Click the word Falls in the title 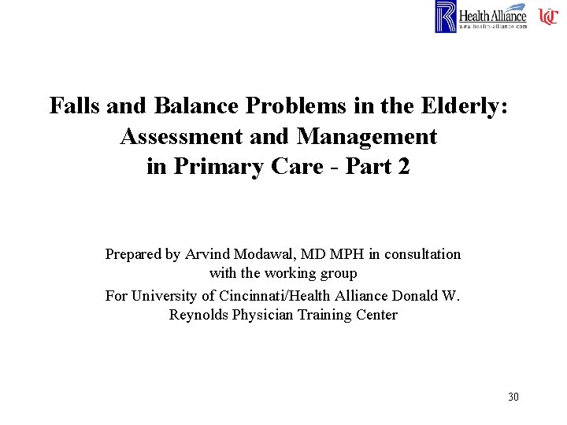[73, 105]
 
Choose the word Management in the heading [366, 136]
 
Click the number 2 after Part [403, 167]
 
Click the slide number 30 [513, 397]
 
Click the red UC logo [548, 17]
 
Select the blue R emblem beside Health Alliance [446, 17]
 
